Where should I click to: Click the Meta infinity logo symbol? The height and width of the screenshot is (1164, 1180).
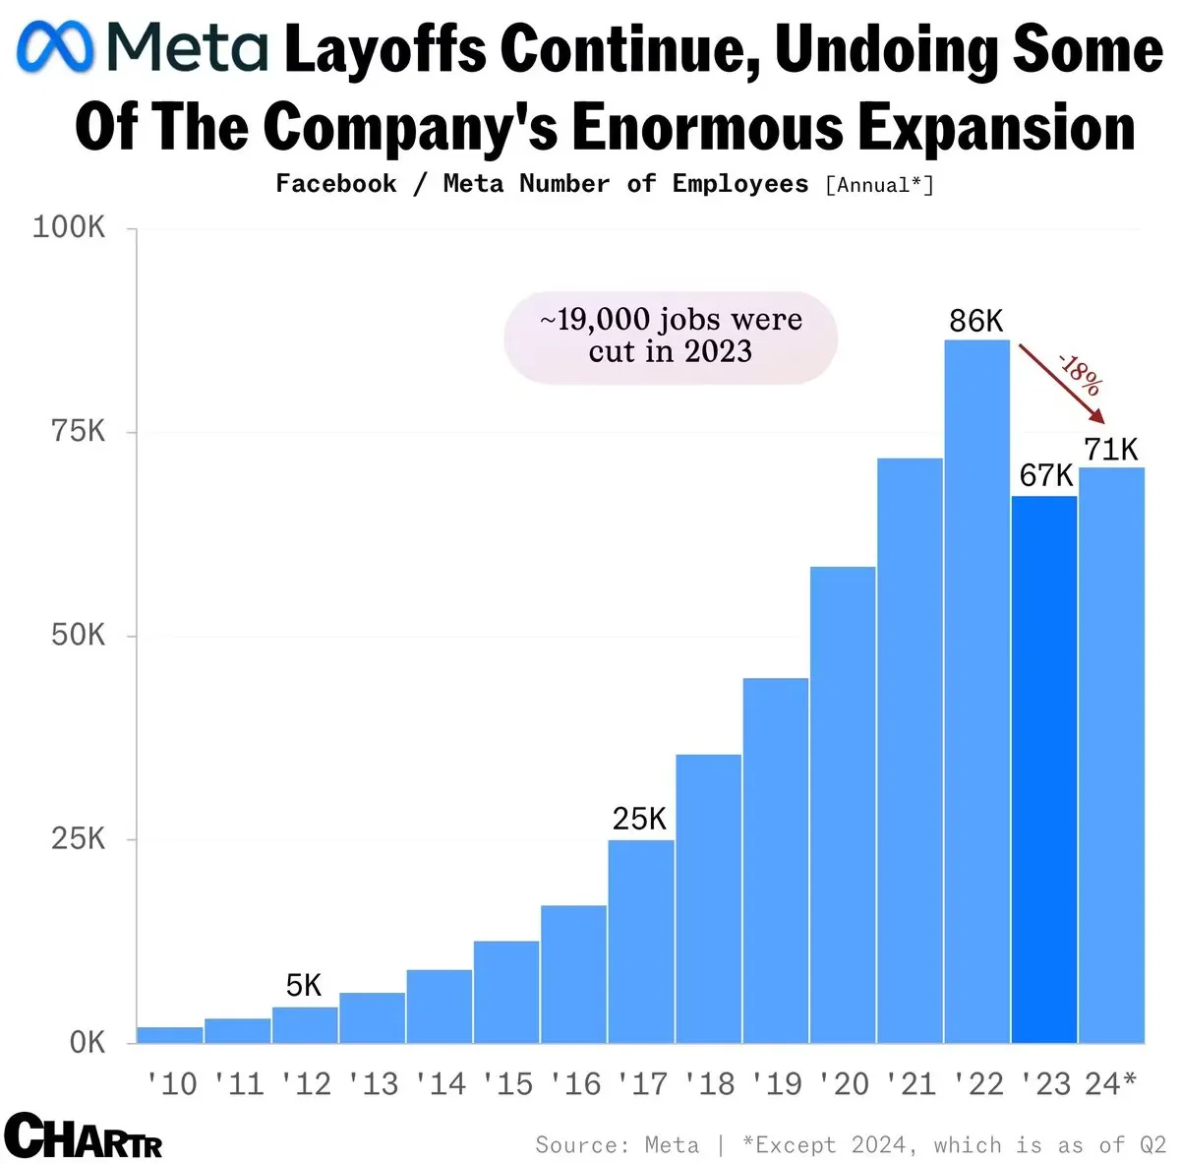56,48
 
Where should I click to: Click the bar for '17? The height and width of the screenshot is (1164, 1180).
640,941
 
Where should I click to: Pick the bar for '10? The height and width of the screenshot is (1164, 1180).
170,1034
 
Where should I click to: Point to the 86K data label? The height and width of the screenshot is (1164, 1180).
975,321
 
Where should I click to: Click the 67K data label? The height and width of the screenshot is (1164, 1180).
1045,476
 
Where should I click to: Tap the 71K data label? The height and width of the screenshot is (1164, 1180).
1110,450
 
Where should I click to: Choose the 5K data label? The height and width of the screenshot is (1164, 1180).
304,985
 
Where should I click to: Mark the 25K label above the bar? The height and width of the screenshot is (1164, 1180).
639,819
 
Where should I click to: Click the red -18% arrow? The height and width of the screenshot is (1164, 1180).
1062,383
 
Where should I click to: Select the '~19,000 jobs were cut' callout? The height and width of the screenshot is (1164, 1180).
671,337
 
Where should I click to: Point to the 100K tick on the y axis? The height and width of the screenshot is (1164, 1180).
69,227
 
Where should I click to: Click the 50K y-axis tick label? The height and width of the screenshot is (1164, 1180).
78,635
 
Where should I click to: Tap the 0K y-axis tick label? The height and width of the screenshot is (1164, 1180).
87,1043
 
